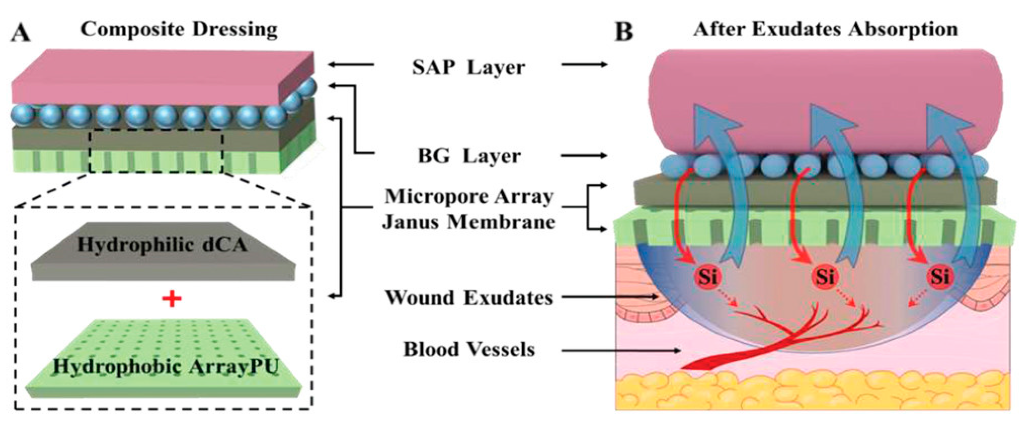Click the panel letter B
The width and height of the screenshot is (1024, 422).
[x=624, y=32]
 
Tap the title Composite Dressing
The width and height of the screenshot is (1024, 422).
[x=179, y=30]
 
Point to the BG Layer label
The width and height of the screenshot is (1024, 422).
[x=469, y=156]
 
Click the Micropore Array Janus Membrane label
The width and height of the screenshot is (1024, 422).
[x=469, y=209]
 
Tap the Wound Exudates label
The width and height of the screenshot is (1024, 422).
[x=469, y=297]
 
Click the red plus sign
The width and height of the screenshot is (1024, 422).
[x=172, y=298]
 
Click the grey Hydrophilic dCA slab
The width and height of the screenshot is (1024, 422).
[x=163, y=255]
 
